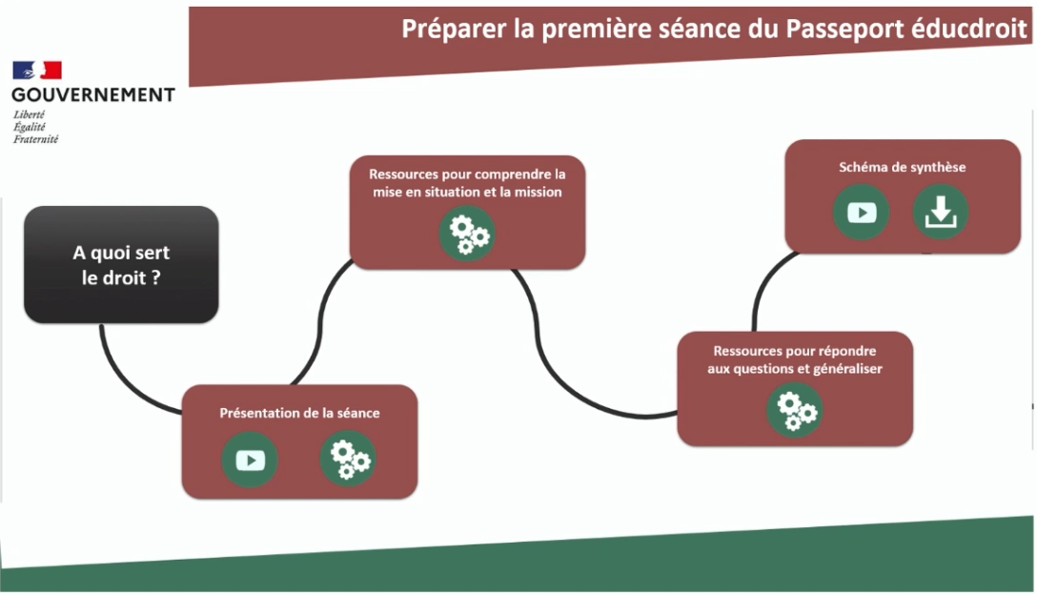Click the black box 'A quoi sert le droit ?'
pos(121,265)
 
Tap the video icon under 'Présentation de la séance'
pos(250,460)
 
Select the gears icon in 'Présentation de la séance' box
pos(349,460)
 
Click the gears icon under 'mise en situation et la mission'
pos(468,234)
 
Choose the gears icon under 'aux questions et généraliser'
pos(795,410)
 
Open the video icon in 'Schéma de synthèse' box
pos(861,213)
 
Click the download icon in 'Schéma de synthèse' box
pos(941,213)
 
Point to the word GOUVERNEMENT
pos(93,95)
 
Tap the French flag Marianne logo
pos(37,71)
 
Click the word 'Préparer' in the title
pos(454,30)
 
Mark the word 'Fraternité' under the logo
pos(35,139)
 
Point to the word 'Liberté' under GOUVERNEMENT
pos(30,113)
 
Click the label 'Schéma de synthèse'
pos(902,168)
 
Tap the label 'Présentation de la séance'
pos(299,413)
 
